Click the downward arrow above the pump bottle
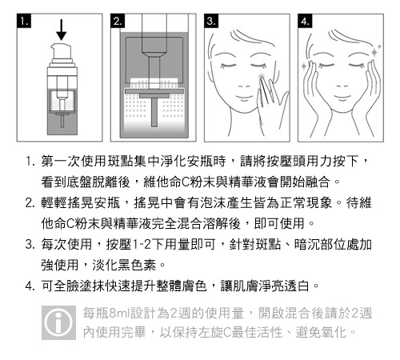62,30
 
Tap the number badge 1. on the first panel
24,21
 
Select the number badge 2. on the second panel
118,21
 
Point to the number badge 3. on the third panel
211,21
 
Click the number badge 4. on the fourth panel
305,21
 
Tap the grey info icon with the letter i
58,322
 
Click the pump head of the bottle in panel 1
62,52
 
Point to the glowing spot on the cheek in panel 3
262,78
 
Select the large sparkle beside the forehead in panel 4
374,52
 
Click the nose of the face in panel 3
244,86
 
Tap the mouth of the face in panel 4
342,97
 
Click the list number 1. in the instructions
30,162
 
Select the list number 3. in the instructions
30,244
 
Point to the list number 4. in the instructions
30,286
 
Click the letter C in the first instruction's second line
186,182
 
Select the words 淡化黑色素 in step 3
124,265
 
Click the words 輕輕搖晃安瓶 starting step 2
81,203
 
